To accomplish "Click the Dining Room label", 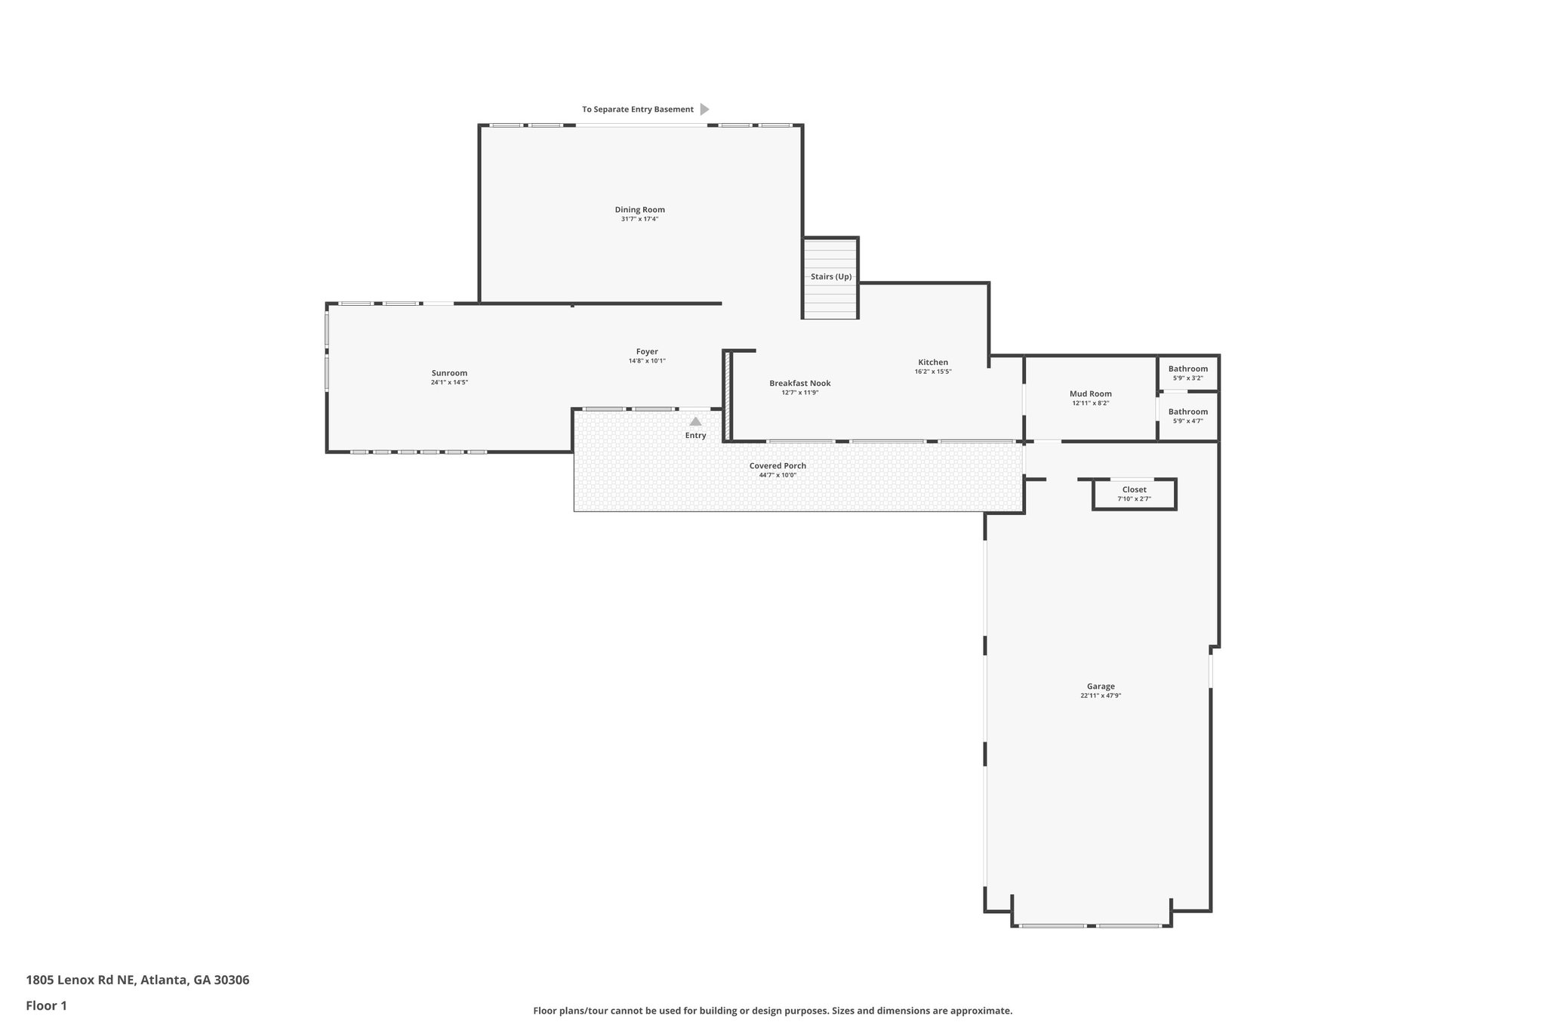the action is point(639,210).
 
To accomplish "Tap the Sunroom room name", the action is point(449,373).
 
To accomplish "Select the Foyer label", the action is point(647,352).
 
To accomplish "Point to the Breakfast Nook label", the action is point(800,384).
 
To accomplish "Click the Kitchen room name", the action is point(933,363).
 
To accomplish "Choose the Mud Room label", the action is point(1091,394).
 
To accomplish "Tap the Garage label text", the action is point(1101,687).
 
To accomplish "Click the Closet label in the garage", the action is point(1134,489).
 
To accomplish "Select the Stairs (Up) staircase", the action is point(830,278).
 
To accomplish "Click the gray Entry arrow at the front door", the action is point(695,421).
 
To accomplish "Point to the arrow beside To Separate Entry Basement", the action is point(705,110).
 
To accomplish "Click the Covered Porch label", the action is point(778,466).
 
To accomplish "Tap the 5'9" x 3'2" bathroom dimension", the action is point(1188,378).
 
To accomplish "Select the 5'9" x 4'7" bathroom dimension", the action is point(1188,421).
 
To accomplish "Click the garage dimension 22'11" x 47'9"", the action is point(1101,696).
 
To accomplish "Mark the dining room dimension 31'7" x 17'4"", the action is point(639,219).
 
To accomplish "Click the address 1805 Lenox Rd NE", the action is point(81,980).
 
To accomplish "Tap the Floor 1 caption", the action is point(46,1006).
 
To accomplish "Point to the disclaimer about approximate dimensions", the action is point(772,1011).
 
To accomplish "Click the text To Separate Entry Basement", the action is point(637,110).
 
